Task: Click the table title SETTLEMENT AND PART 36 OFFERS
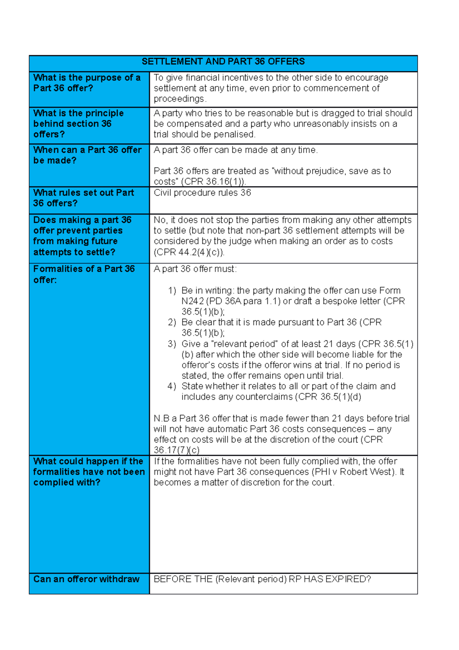[223, 62]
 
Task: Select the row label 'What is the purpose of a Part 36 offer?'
[87, 83]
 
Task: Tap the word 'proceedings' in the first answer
[178, 99]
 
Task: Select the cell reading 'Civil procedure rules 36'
[202, 193]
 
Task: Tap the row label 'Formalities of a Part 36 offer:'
[84, 274]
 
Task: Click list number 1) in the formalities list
[172, 291]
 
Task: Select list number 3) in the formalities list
[172, 344]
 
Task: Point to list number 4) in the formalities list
[172, 386]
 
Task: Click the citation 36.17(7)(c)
[177, 450]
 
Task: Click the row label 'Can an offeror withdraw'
[86, 579]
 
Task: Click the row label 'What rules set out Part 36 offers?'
[83, 198]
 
